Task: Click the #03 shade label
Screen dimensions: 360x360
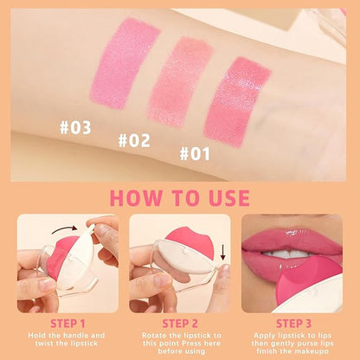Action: pyautogui.click(x=75, y=128)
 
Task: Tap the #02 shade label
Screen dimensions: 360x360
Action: pyautogui.click(x=134, y=140)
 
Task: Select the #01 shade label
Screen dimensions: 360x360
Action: pyautogui.click(x=195, y=153)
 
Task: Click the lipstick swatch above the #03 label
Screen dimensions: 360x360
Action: pyautogui.click(x=124, y=63)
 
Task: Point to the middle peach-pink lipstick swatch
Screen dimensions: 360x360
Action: pyautogui.click(x=179, y=81)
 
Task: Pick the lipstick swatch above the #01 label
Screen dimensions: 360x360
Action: pyautogui.click(x=237, y=101)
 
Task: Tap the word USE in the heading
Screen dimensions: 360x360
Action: pyautogui.click(x=229, y=198)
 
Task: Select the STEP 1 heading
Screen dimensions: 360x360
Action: pyautogui.click(x=67, y=324)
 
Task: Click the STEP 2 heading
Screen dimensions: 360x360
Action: pyautogui.click(x=180, y=324)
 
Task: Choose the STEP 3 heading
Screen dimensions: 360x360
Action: pyautogui.click(x=293, y=324)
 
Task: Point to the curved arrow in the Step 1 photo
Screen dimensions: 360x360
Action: pyautogui.click(x=64, y=228)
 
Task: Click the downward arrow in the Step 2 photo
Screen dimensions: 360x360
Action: pyautogui.click(x=222, y=252)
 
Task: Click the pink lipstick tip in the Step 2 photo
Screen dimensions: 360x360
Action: pyautogui.click(x=189, y=241)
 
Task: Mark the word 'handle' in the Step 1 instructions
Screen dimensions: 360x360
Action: pyautogui.click(x=75, y=336)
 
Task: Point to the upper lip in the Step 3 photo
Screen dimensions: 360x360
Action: pyautogui.click(x=292, y=240)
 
